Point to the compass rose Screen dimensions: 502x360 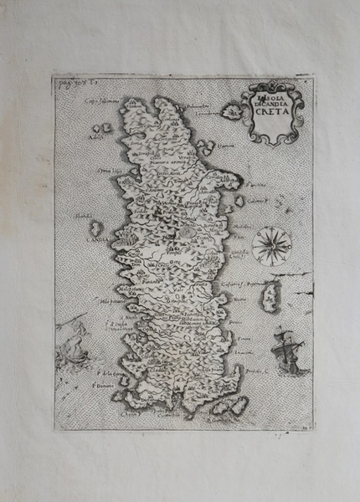point(271,245)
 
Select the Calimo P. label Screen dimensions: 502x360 point(255,199)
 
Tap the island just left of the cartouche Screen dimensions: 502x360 point(228,109)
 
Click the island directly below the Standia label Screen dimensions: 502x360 point(95,228)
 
